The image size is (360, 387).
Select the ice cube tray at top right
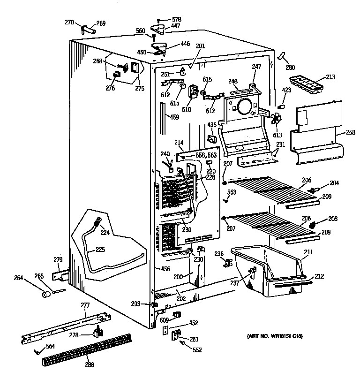pyautogui.click(x=305, y=83)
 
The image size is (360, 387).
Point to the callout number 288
pyautogui.click(x=89, y=364)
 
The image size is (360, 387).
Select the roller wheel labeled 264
pyautogui.click(x=46, y=295)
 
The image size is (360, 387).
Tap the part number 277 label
pyautogui.click(x=85, y=305)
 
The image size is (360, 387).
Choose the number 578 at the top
pyautogui.click(x=176, y=20)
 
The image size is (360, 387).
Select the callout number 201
pyautogui.click(x=201, y=46)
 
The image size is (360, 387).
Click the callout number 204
pyautogui.click(x=334, y=183)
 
